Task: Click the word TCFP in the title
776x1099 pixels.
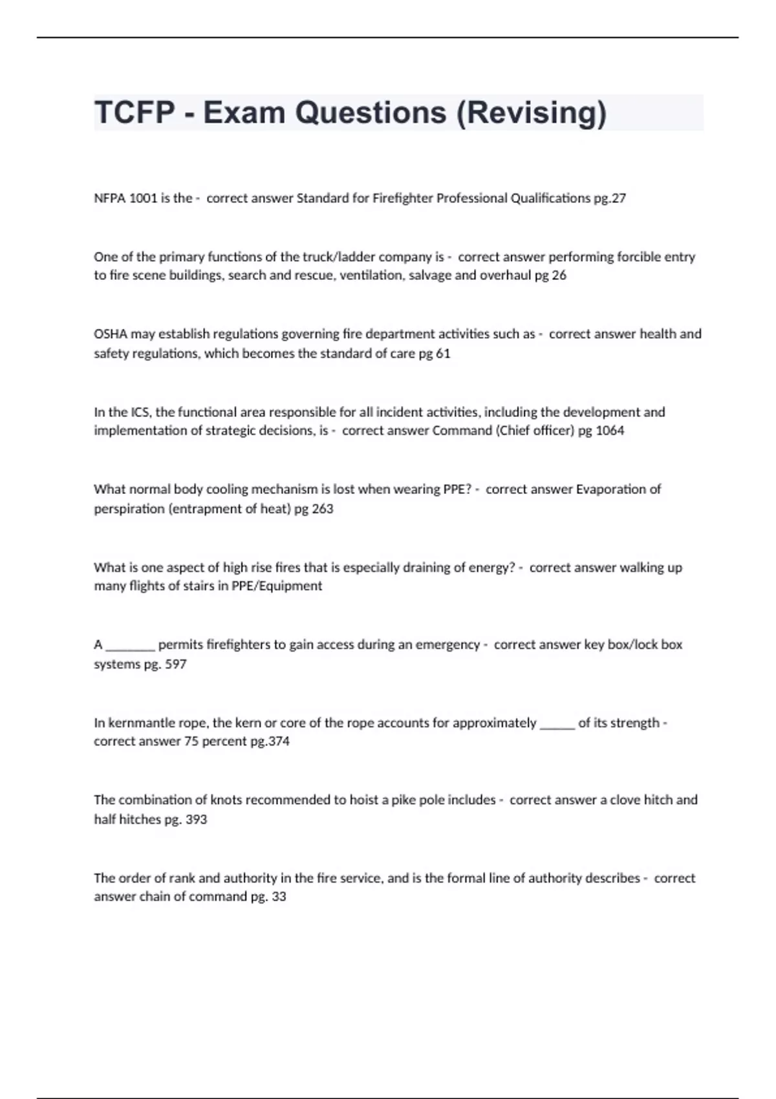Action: [135, 112]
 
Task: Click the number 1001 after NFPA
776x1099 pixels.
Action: [144, 198]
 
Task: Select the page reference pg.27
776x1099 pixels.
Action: [610, 198]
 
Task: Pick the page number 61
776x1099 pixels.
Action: [443, 354]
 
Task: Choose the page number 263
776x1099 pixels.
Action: [323, 509]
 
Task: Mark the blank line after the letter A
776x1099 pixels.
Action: [130, 646]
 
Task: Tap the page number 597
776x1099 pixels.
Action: [176, 664]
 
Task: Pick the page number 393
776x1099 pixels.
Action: [196, 819]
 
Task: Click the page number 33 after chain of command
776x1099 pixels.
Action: [279, 897]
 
